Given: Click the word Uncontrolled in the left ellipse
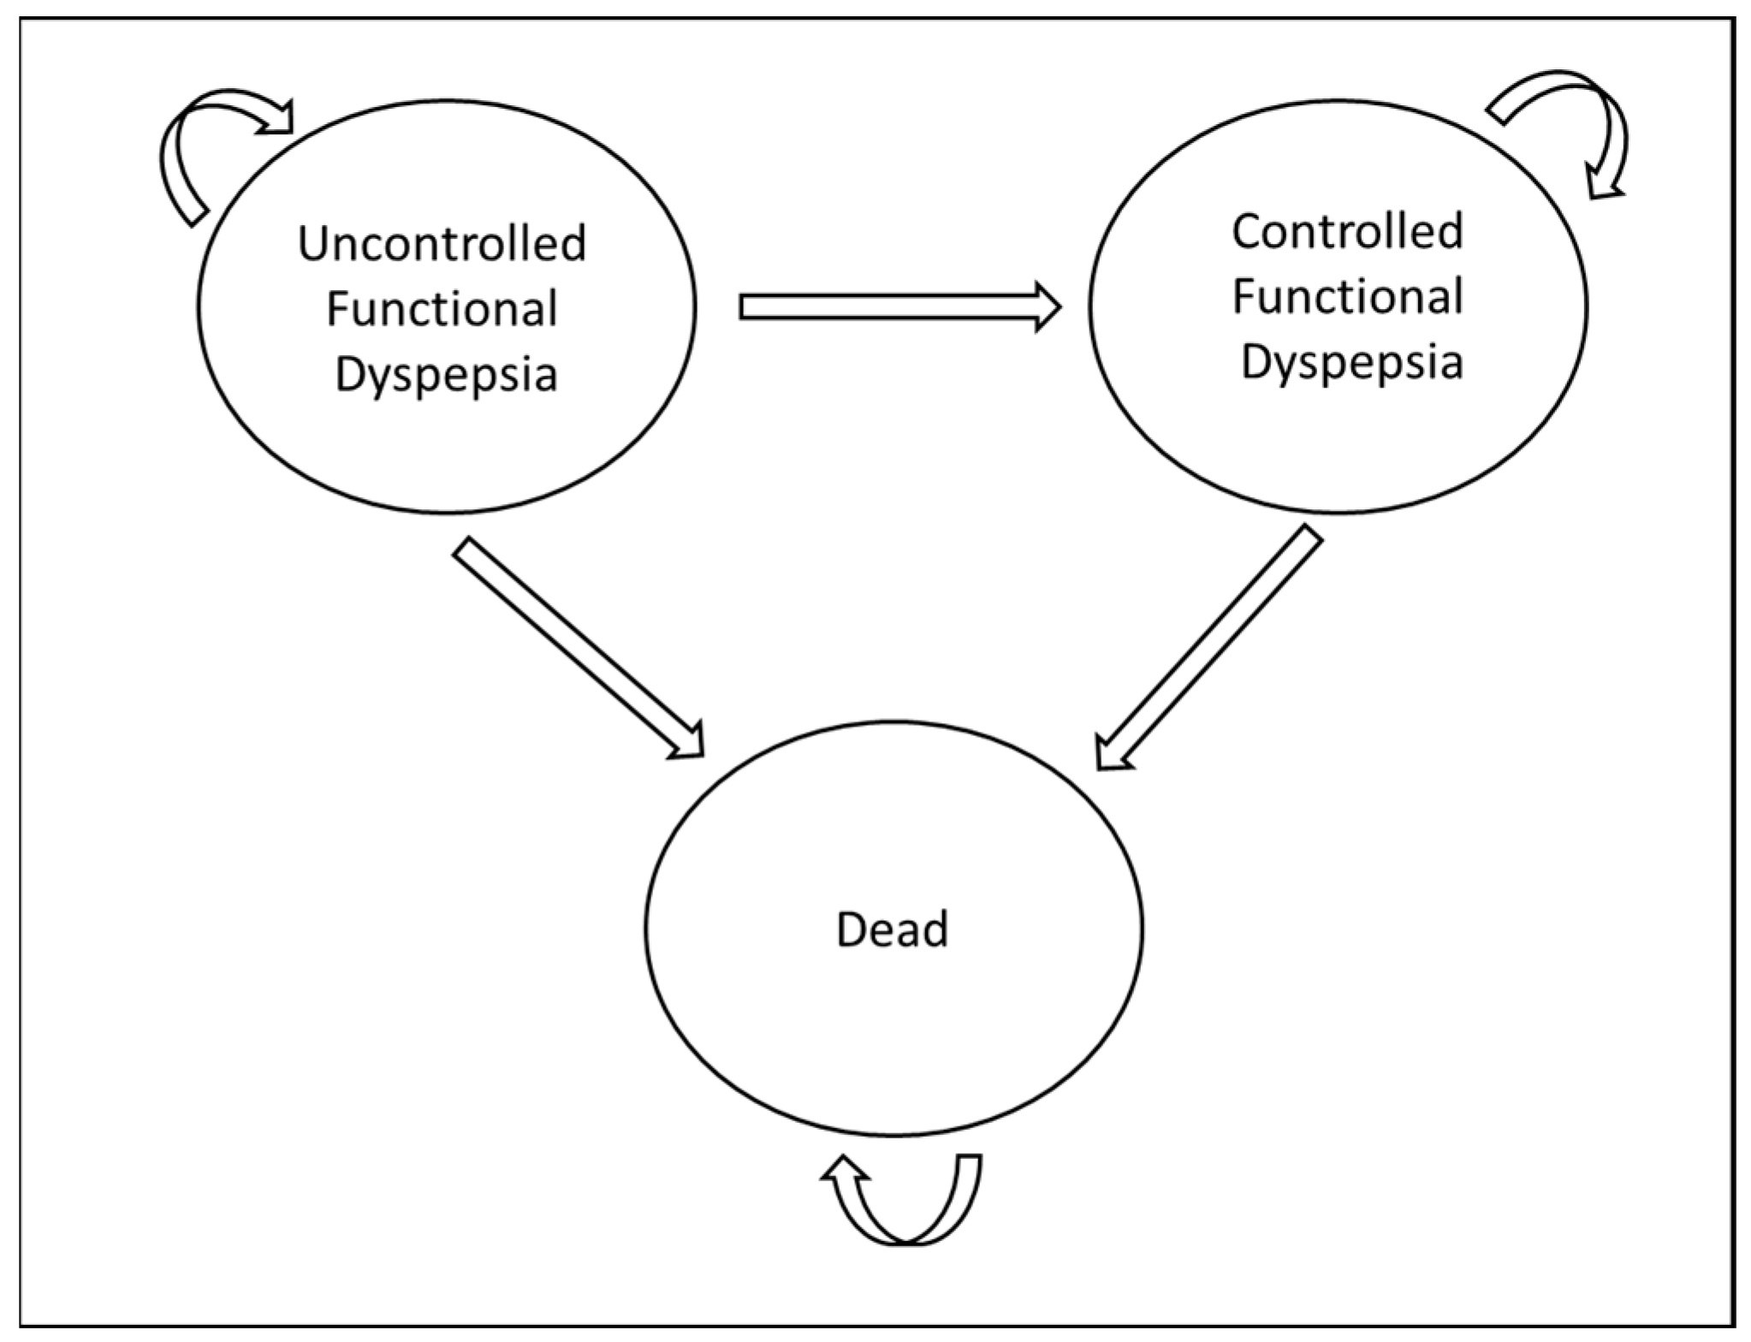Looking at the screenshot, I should tap(442, 243).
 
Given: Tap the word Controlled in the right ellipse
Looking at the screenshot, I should tap(1347, 231).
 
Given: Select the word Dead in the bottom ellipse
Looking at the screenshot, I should tap(892, 929).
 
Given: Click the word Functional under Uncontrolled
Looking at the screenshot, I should tap(442, 309).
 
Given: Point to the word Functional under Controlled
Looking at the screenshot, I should tap(1347, 297).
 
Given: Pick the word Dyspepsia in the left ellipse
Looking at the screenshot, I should tap(445, 375).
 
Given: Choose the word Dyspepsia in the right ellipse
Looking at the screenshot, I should tap(1351, 362).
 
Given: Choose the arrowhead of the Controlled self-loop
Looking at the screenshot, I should tap(1604, 181).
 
